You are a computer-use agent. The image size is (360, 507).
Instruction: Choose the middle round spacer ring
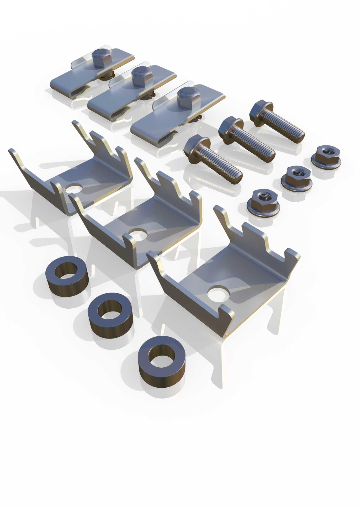[x=110, y=314]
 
